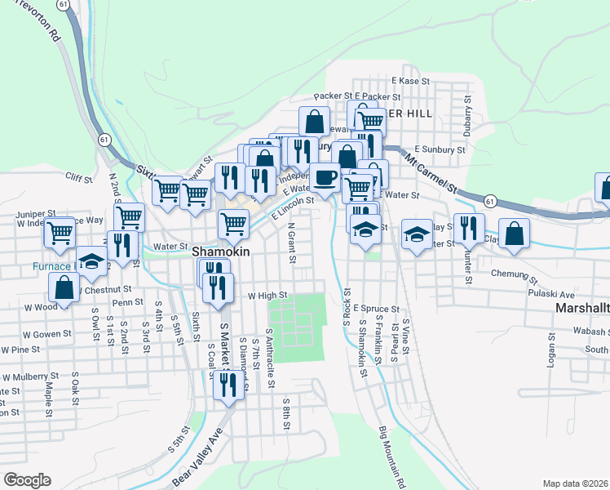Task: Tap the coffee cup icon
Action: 325,177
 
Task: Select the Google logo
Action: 27,480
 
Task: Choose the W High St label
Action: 267,295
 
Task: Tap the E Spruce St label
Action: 376,310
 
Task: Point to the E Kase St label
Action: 409,81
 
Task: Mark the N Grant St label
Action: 290,242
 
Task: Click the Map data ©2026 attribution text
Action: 575,483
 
